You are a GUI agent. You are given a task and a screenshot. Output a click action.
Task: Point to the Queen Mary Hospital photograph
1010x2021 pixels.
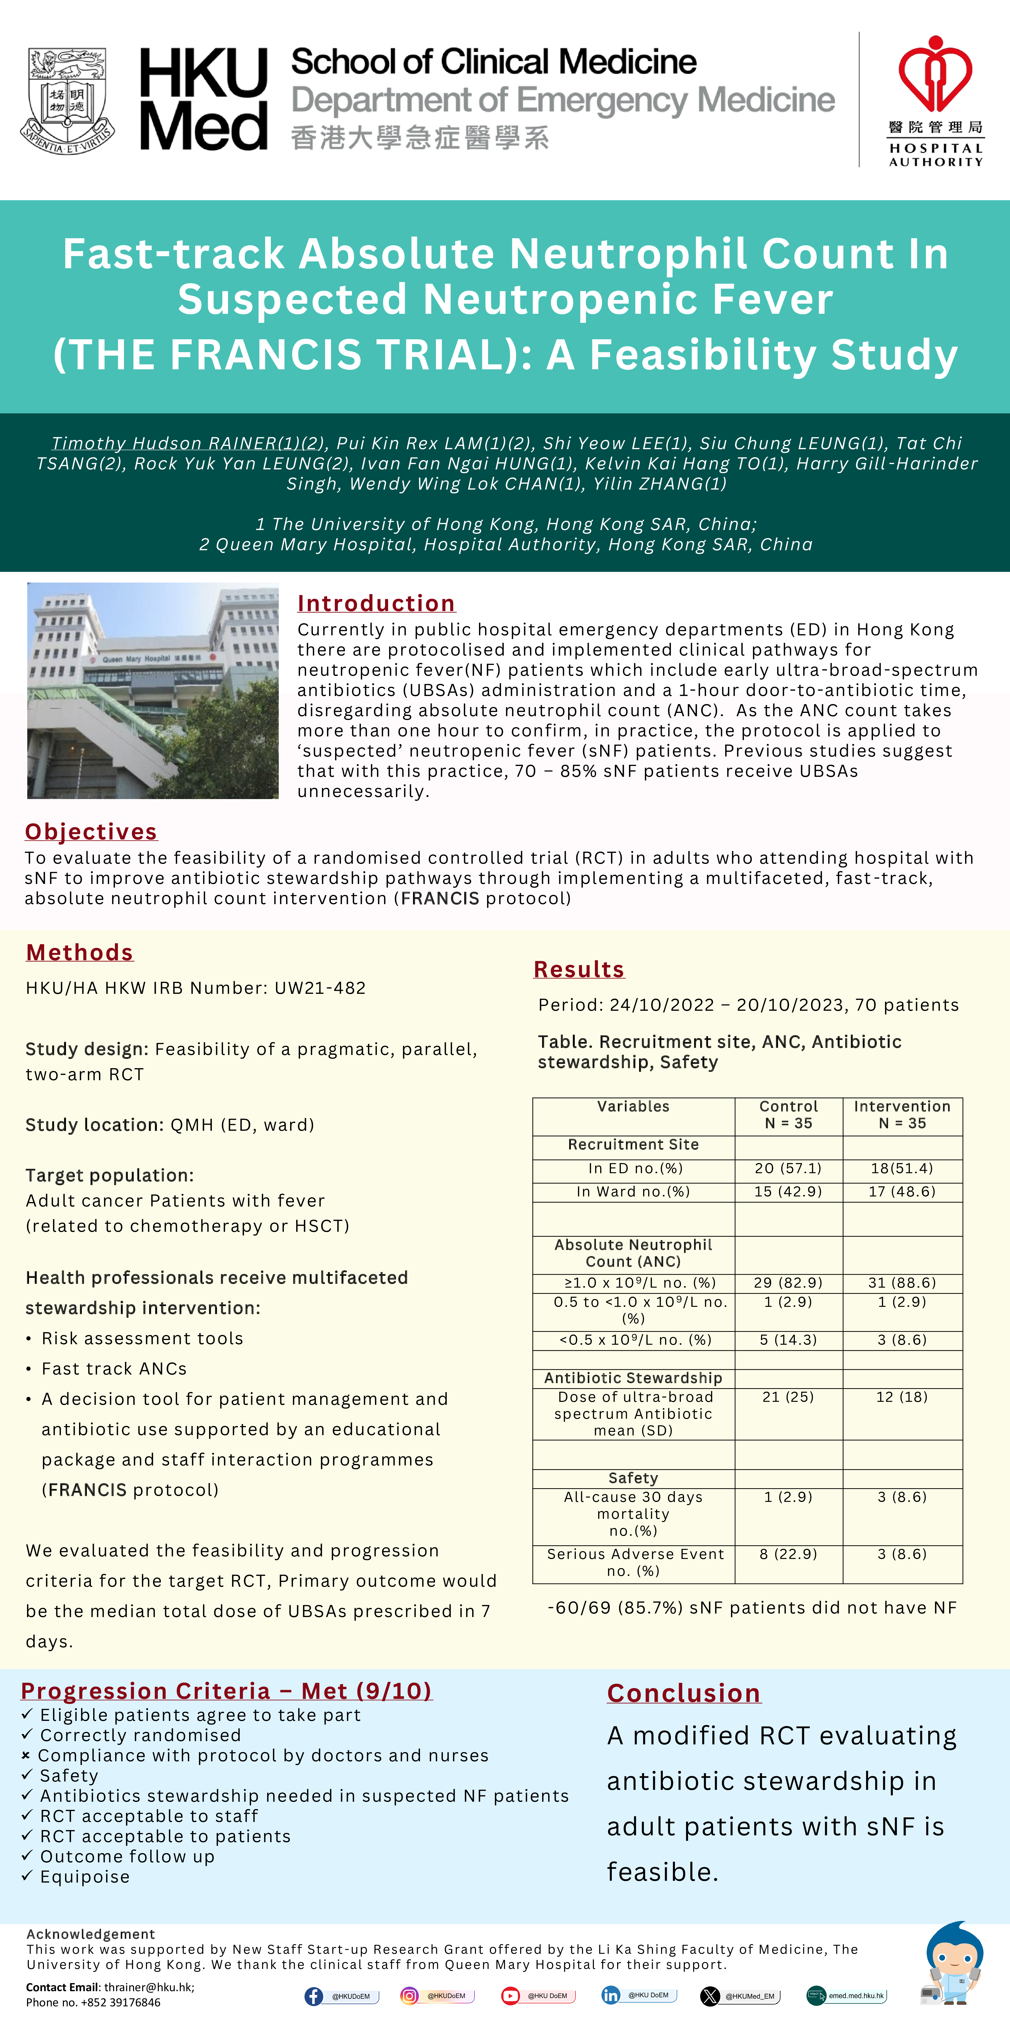(x=153, y=690)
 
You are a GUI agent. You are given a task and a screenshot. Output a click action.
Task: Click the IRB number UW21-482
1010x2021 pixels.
(x=320, y=988)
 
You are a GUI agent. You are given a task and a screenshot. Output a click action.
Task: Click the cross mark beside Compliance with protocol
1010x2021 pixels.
(x=26, y=1756)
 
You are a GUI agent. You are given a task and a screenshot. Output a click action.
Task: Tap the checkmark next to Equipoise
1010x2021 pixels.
(x=28, y=1876)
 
